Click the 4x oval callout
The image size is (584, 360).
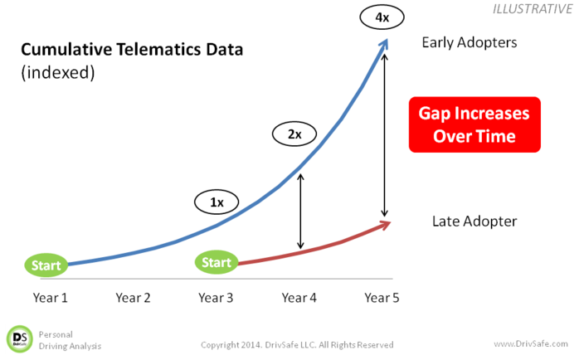point(382,17)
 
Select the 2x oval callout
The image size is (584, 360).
point(294,134)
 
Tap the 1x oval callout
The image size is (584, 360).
point(217,202)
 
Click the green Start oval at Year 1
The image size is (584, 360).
point(46,265)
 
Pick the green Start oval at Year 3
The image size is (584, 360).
point(217,262)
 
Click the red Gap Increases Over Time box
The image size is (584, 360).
point(474,124)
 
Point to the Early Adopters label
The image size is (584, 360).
point(470,43)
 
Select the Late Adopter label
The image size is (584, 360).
point(474,221)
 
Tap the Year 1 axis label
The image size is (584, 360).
point(51,298)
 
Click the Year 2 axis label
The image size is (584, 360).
point(133,298)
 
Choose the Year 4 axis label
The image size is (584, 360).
point(299,298)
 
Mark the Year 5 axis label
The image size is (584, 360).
point(382,298)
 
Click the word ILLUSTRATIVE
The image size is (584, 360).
point(533,9)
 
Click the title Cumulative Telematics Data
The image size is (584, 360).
point(132,50)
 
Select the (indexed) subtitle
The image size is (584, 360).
point(58,72)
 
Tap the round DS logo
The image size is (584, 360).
point(20,339)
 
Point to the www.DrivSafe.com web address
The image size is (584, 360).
point(531,343)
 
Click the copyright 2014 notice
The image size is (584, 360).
point(297,345)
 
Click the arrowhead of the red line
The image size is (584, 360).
point(385,225)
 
